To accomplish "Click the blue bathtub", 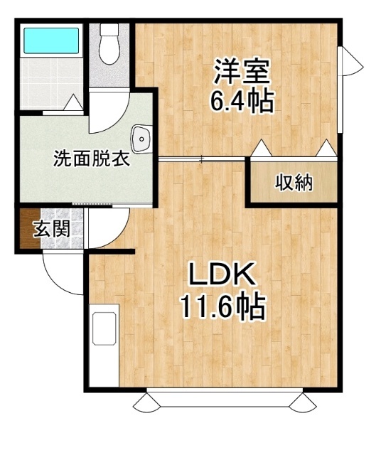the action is tap(51, 41).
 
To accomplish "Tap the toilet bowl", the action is tap(109, 44).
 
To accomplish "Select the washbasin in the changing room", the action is tap(141, 139).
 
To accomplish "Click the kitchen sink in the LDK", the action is tap(104, 328).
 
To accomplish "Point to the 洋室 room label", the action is tap(242, 71).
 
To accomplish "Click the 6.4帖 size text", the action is tap(242, 102).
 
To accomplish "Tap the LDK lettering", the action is tap(222, 274).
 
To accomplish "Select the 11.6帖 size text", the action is tap(222, 307).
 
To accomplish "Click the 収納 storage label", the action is tap(294, 183).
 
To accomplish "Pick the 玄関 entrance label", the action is tap(52, 229).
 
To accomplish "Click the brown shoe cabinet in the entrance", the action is tap(30, 228).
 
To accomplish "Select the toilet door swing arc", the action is tap(116, 123).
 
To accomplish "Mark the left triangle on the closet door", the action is tap(262, 148).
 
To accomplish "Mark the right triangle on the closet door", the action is tap(326, 148).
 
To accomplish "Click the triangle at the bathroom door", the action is tap(73, 102).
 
